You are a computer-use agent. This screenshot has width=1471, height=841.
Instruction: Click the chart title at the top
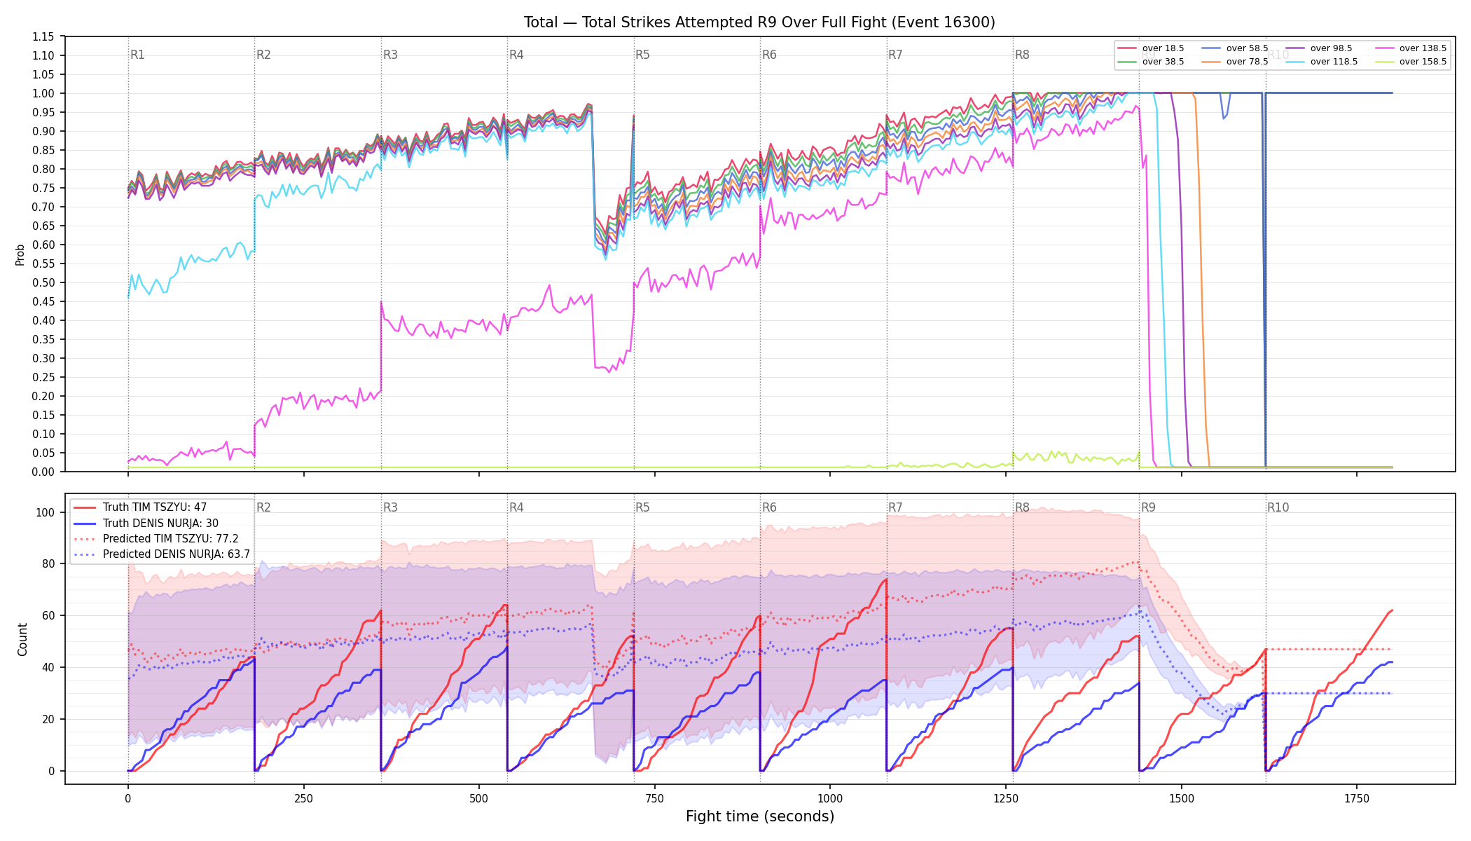click(x=759, y=22)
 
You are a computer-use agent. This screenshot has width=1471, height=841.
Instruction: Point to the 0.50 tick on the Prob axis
click(x=43, y=282)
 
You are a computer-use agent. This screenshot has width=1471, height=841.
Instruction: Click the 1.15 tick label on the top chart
click(x=43, y=36)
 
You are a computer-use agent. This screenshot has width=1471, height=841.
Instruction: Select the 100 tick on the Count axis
click(x=45, y=512)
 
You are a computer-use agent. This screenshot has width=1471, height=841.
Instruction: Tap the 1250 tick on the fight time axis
click(x=1006, y=798)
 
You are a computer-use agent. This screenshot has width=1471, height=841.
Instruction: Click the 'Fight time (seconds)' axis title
click(x=760, y=816)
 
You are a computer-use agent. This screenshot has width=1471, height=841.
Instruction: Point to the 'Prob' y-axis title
click(x=20, y=254)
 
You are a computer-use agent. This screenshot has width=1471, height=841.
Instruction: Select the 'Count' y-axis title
click(x=22, y=639)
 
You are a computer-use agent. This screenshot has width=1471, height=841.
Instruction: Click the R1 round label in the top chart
click(x=137, y=55)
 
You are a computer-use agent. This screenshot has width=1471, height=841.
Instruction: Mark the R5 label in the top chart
click(x=642, y=55)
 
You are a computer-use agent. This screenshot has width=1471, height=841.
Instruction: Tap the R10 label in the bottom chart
click(x=1278, y=507)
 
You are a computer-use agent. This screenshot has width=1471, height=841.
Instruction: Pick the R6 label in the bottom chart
click(x=769, y=507)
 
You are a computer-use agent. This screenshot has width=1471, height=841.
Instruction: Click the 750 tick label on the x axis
click(x=655, y=798)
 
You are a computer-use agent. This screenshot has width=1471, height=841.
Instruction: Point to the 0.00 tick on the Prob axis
click(x=43, y=472)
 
